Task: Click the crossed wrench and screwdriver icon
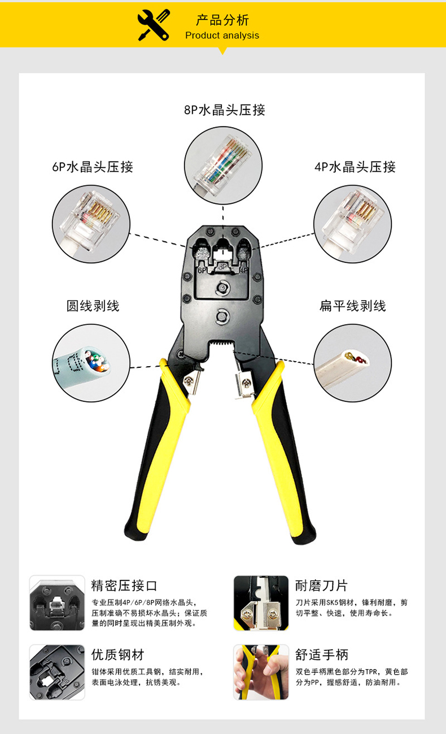pyautogui.click(x=153, y=25)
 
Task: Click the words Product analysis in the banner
pyautogui.click(x=222, y=36)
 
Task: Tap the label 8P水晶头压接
pyautogui.click(x=224, y=110)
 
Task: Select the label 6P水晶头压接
pyautogui.click(x=93, y=167)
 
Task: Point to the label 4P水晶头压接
pyautogui.click(x=355, y=167)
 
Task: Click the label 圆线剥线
pyautogui.click(x=93, y=306)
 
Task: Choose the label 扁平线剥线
pyautogui.click(x=353, y=306)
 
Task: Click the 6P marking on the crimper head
pyautogui.click(x=202, y=270)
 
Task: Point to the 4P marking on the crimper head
pyautogui.click(x=244, y=270)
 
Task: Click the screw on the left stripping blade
pyautogui.click(x=190, y=380)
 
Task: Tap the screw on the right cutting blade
pyautogui.click(x=246, y=382)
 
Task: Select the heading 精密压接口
pyautogui.click(x=124, y=585)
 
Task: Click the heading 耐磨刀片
pyautogui.click(x=322, y=585)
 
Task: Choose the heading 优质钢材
pyautogui.click(x=117, y=654)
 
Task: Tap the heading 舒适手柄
pyautogui.click(x=322, y=654)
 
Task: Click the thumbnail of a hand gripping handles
pyautogui.click(x=261, y=672)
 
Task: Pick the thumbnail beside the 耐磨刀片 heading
pyautogui.click(x=261, y=603)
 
